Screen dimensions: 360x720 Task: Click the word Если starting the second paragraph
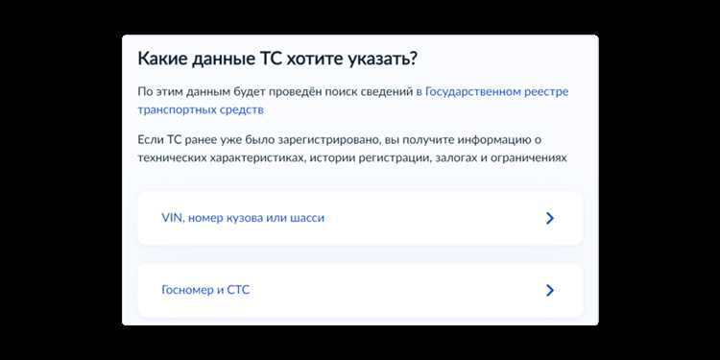click(x=151, y=140)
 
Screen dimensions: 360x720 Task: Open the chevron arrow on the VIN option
click(x=550, y=218)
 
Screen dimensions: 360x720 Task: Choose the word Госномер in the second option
click(x=188, y=290)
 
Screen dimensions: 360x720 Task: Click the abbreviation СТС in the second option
click(x=238, y=290)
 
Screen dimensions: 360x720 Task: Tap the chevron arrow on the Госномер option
click(x=550, y=290)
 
